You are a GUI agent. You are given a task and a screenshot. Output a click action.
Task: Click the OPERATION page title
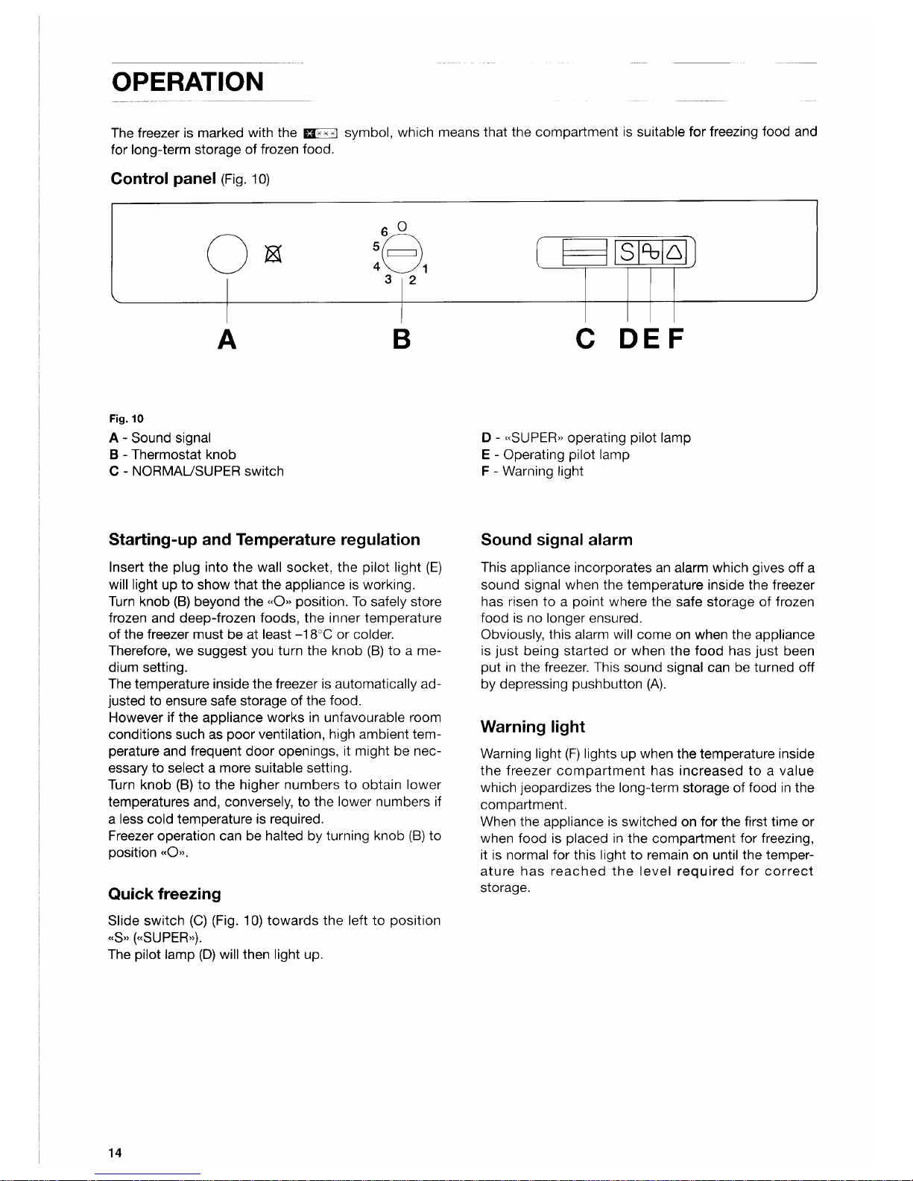[187, 81]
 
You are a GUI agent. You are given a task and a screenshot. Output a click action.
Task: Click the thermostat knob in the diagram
[402, 254]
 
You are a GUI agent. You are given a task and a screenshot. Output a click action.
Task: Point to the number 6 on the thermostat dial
[385, 232]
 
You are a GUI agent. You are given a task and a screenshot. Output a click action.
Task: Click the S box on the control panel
[628, 254]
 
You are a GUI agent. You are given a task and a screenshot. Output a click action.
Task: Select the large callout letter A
[227, 339]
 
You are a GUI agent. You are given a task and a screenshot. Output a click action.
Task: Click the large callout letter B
[401, 339]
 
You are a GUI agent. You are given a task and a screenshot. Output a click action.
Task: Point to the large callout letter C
[586, 339]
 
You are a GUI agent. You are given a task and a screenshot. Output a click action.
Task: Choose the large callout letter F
[675, 339]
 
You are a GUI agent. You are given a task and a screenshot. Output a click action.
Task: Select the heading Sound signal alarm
[556, 539]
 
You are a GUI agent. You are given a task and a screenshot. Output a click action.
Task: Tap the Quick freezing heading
[165, 894]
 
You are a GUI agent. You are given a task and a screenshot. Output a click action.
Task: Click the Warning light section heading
[532, 726]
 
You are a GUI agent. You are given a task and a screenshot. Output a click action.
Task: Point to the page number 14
[115, 1153]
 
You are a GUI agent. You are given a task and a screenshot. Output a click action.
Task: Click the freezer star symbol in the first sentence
[320, 133]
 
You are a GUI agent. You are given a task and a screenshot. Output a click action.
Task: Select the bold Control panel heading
[162, 179]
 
